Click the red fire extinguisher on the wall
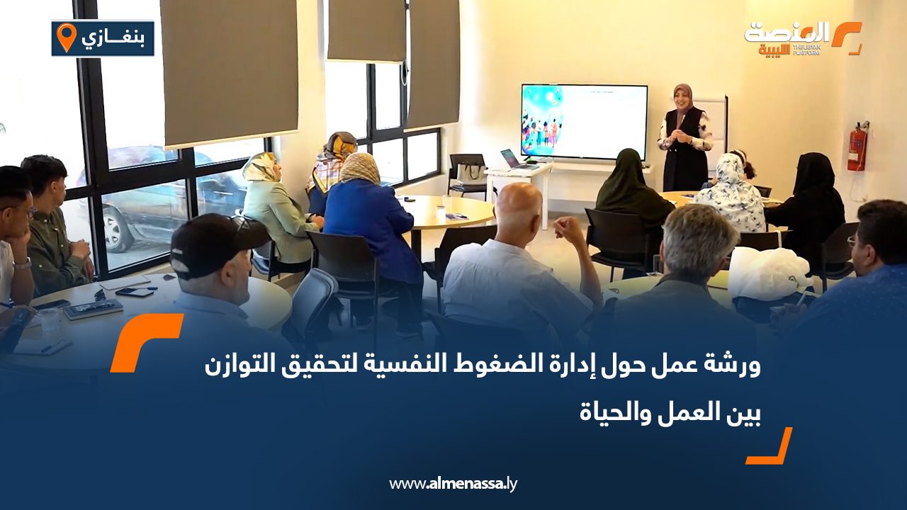tap(857, 147)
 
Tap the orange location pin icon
tap(66, 37)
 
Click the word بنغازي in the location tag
tap(114, 38)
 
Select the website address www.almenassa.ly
tap(453, 484)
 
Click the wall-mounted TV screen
tap(584, 121)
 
